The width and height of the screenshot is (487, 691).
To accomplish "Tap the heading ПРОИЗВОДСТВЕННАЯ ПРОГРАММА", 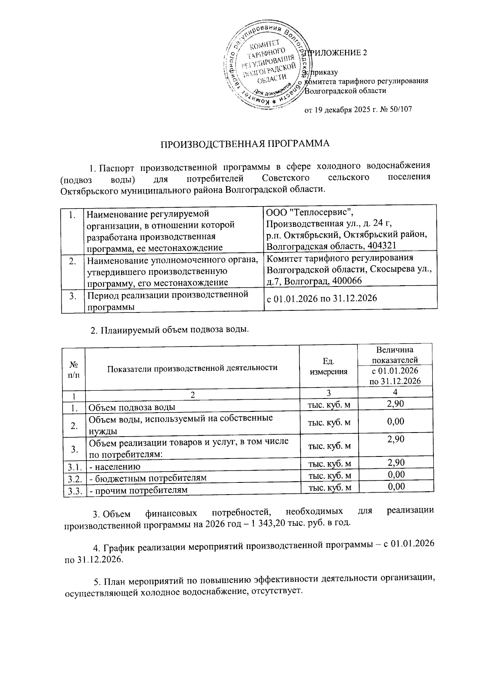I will point(244,144).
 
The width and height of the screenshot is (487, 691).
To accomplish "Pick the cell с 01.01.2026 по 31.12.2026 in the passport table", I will point(321,299).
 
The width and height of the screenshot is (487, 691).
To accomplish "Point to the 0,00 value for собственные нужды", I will point(396,422).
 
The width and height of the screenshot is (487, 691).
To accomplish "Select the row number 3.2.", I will point(73,478).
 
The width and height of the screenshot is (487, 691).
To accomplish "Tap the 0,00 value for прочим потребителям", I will point(396,487).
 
